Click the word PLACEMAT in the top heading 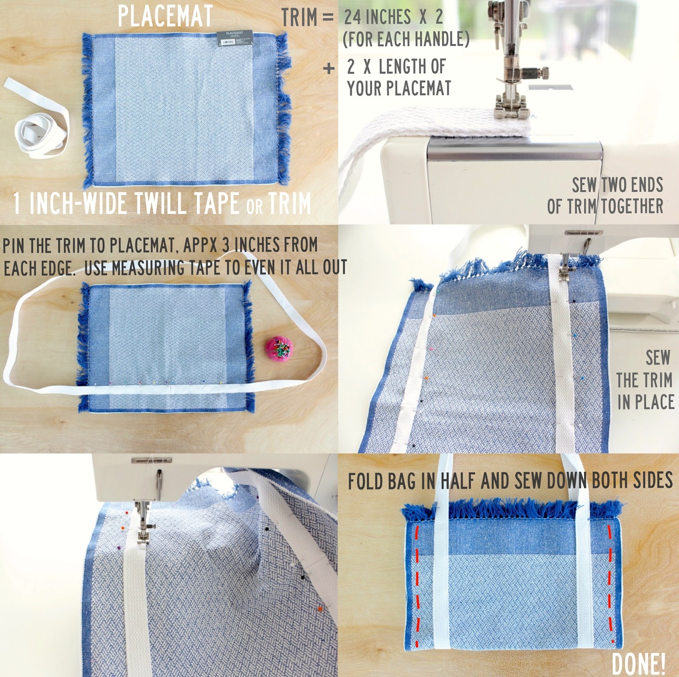[x=165, y=16]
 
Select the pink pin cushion [x=279, y=347]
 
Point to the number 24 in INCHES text [x=353, y=17]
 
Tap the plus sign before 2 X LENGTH [x=328, y=68]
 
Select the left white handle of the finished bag [x=443, y=552]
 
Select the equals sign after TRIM [x=327, y=18]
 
